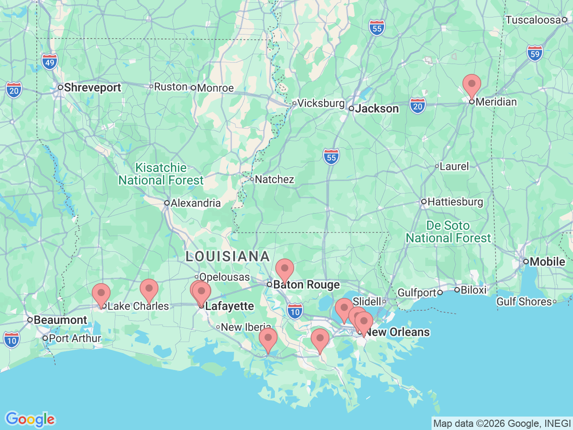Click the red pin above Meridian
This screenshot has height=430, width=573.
[471, 85]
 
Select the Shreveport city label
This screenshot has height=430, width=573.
[92, 87]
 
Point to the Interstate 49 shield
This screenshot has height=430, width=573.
[50, 62]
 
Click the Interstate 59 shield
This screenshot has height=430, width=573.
[535, 54]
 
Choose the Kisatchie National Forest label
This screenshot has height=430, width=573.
[161, 174]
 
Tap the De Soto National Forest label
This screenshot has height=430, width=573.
[448, 232]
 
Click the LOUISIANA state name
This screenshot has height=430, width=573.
[228, 257]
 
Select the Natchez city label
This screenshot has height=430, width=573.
[274, 180]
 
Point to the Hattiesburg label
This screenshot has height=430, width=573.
[455, 202]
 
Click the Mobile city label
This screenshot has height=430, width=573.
[547, 262]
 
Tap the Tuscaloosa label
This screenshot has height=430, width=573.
[533, 20]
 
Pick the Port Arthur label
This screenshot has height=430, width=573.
[75, 339]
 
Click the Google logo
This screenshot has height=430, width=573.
[30, 420]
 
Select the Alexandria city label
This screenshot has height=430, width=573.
[196, 203]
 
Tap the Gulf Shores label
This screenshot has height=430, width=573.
[524, 302]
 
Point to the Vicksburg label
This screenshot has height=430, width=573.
[321, 103]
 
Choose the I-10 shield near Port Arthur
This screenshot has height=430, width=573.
[12, 340]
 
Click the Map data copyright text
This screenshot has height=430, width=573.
[502, 423]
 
